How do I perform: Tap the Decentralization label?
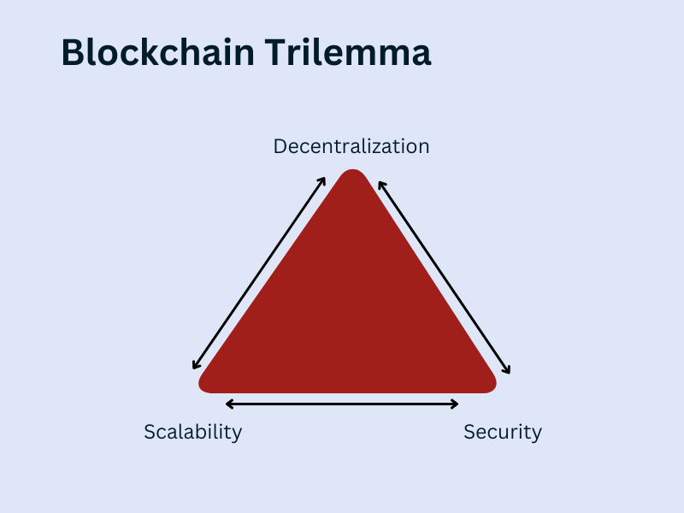[351, 146]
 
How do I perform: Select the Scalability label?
[192, 432]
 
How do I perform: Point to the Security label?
[503, 432]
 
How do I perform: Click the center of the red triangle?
[349, 316]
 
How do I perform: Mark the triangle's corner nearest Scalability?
[208, 382]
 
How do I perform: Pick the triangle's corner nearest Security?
[486, 382]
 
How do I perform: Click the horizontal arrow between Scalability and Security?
[342, 404]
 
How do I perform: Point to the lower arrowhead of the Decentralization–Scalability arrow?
[195, 367]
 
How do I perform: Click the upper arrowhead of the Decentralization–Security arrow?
[380, 182]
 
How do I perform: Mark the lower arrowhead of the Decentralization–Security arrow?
[508, 371]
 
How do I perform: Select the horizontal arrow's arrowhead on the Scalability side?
[228, 404]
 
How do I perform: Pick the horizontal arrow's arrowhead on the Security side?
[456, 404]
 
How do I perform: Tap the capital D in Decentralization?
[280, 146]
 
